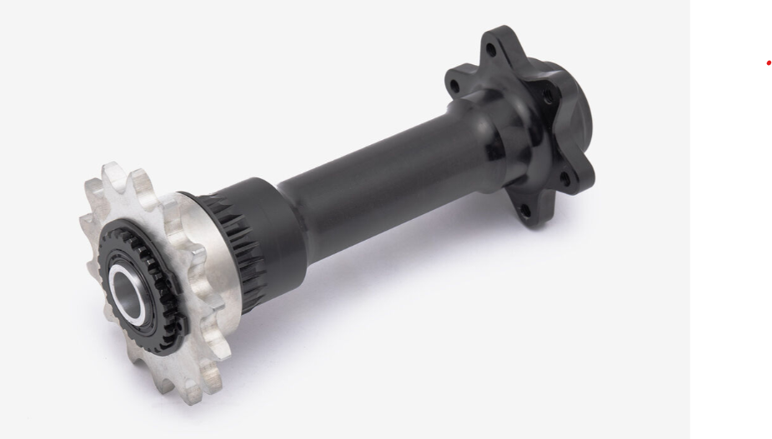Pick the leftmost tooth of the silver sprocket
pos(86,222)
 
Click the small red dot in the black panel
pos(768,63)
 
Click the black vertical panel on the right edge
pos(730,250)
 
